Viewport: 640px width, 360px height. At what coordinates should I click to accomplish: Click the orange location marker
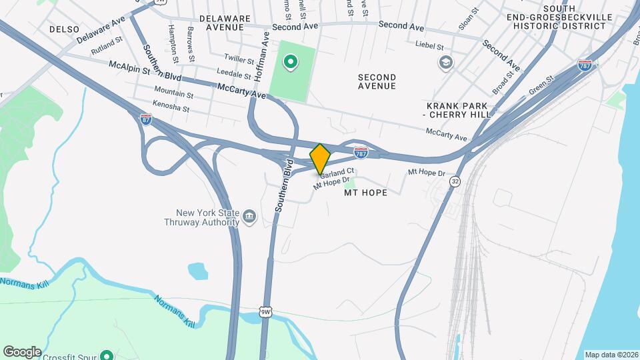tap(320, 159)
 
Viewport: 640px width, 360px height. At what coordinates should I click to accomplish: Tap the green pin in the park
tap(290, 63)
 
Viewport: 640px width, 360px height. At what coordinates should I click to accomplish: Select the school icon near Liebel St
tap(445, 63)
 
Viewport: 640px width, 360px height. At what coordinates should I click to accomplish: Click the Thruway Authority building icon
tap(250, 217)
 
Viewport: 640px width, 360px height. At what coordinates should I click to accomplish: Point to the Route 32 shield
tap(455, 181)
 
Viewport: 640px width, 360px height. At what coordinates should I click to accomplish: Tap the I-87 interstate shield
tap(146, 119)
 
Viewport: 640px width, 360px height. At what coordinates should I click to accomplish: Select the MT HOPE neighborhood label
tap(365, 193)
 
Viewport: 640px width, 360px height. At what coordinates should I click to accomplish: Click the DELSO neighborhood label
tap(64, 29)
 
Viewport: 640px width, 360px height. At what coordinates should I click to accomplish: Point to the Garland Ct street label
tap(337, 173)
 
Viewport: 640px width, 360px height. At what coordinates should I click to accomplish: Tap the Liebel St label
tap(430, 47)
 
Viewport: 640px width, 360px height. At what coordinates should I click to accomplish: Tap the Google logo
tap(21, 352)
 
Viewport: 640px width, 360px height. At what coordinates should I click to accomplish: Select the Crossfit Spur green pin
tap(105, 355)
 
